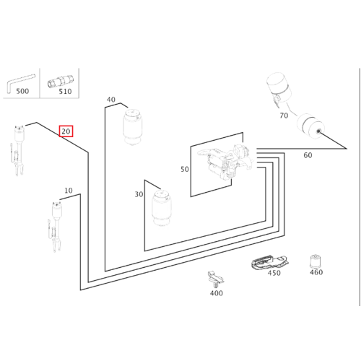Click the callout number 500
point(22,91)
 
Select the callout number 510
point(65,91)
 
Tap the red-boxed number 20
point(66,131)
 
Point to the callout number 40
point(111,100)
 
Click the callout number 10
point(69,191)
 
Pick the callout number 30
point(139,194)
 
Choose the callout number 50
point(185,169)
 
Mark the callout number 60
point(308,155)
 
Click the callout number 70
point(284,116)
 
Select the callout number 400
point(217,293)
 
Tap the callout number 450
point(274,273)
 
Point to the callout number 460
point(316,272)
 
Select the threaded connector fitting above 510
point(61,81)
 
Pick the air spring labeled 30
point(162,208)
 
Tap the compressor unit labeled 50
point(225,160)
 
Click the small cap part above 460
point(315,261)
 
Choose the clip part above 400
point(216,279)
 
